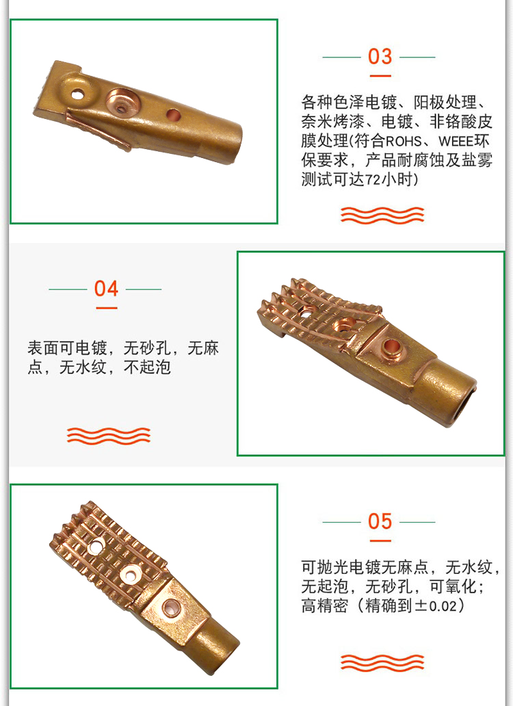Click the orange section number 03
[380, 57]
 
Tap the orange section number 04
[106, 289]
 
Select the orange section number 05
[380, 521]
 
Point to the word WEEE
[456, 142]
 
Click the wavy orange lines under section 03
[382, 215]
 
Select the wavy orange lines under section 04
[109, 436]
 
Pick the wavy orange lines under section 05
[382, 663]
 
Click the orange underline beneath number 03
[380, 76]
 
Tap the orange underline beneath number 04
[106, 308]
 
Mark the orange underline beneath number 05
[380, 540]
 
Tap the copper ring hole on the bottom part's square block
[170, 608]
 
